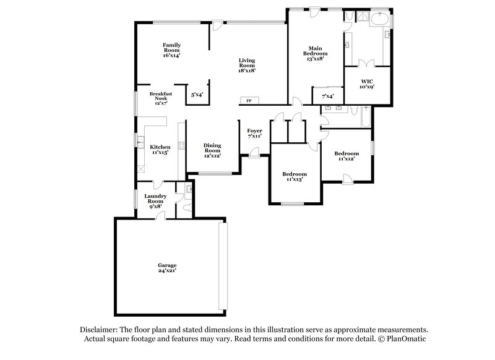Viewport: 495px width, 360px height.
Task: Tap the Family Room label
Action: click(x=171, y=50)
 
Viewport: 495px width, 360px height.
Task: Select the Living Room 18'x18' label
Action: click(x=247, y=66)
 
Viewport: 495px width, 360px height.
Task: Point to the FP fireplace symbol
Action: click(x=249, y=100)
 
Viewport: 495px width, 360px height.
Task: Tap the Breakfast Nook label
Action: click(x=160, y=98)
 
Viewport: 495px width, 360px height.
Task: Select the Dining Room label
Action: click(x=212, y=150)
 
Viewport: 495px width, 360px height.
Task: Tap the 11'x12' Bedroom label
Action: click(x=346, y=156)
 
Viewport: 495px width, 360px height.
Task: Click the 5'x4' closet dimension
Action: click(x=197, y=95)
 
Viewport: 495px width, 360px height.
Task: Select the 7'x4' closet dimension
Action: click(x=327, y=96)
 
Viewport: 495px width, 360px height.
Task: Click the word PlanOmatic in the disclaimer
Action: click(x=407, y=340)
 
